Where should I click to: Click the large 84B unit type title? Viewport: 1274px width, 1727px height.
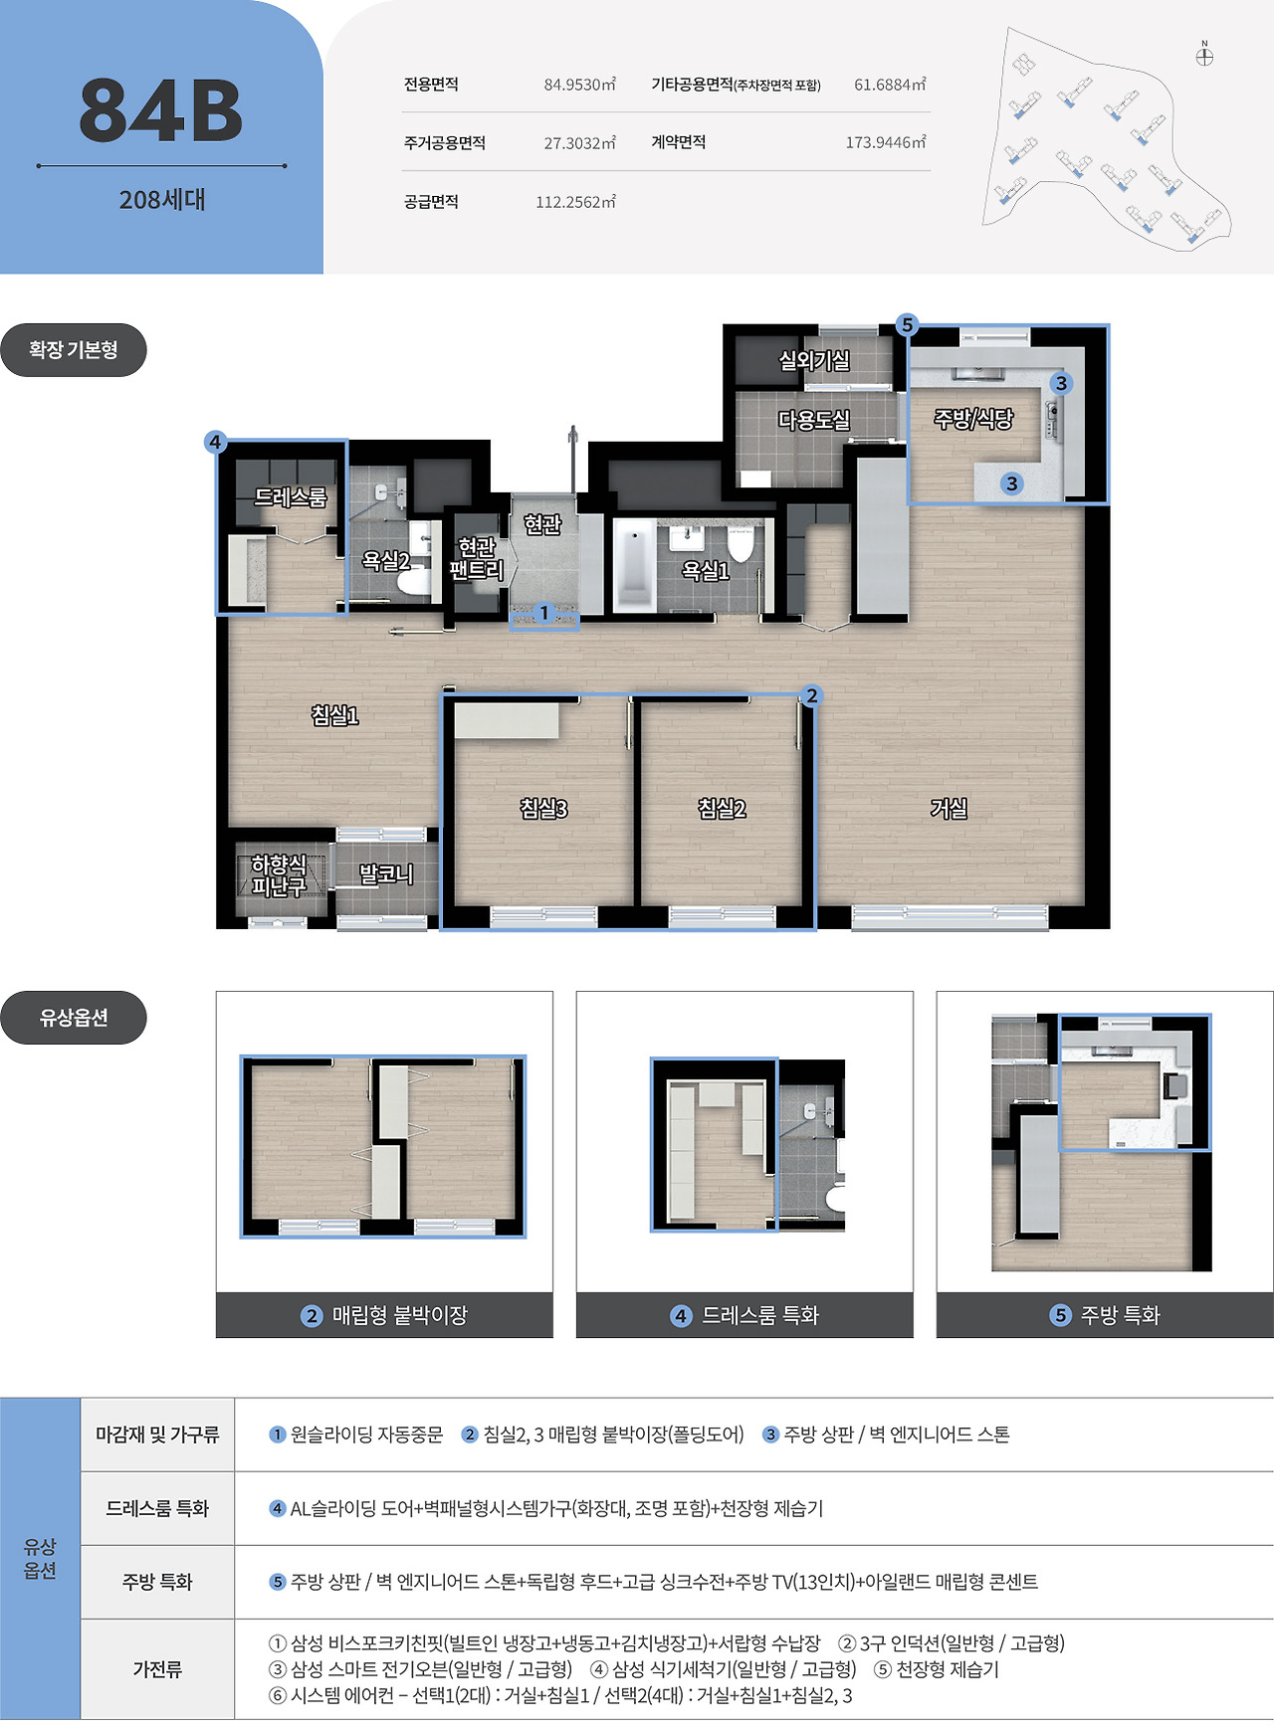tap(161, 110)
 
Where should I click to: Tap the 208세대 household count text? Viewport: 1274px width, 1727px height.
tap(162, 200)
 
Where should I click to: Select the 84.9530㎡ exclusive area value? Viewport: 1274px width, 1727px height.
tap(580, 85)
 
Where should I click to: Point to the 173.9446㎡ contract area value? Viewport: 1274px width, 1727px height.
tap(886, 142)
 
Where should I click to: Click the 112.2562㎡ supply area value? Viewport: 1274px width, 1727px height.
tap(576, 202)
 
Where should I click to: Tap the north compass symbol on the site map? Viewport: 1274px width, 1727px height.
tap(1204, 56)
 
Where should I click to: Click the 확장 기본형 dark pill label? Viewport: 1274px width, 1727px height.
tap(74, 350)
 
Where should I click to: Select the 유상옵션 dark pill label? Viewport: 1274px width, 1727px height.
tap(74, 1018)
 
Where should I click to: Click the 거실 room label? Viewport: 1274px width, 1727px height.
tap(949, 809)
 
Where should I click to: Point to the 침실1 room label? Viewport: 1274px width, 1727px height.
tap(334, 715)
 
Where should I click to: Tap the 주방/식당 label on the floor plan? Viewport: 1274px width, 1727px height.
tap(973, 419)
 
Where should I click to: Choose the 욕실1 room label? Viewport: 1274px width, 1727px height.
tap(706, 570)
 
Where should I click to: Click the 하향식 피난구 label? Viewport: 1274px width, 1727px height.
tap(278, 875)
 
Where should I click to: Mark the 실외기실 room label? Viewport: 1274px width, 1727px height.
tap(814, 361)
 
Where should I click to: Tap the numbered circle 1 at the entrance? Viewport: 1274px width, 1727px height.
tap(543, 613)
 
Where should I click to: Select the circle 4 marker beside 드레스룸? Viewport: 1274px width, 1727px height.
tap(216, 442)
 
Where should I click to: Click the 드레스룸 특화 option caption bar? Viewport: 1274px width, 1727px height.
tap(744, 1315)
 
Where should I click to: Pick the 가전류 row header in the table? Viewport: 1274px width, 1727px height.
tap(157, 1669)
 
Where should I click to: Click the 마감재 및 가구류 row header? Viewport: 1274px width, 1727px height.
tap(157, 1435)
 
